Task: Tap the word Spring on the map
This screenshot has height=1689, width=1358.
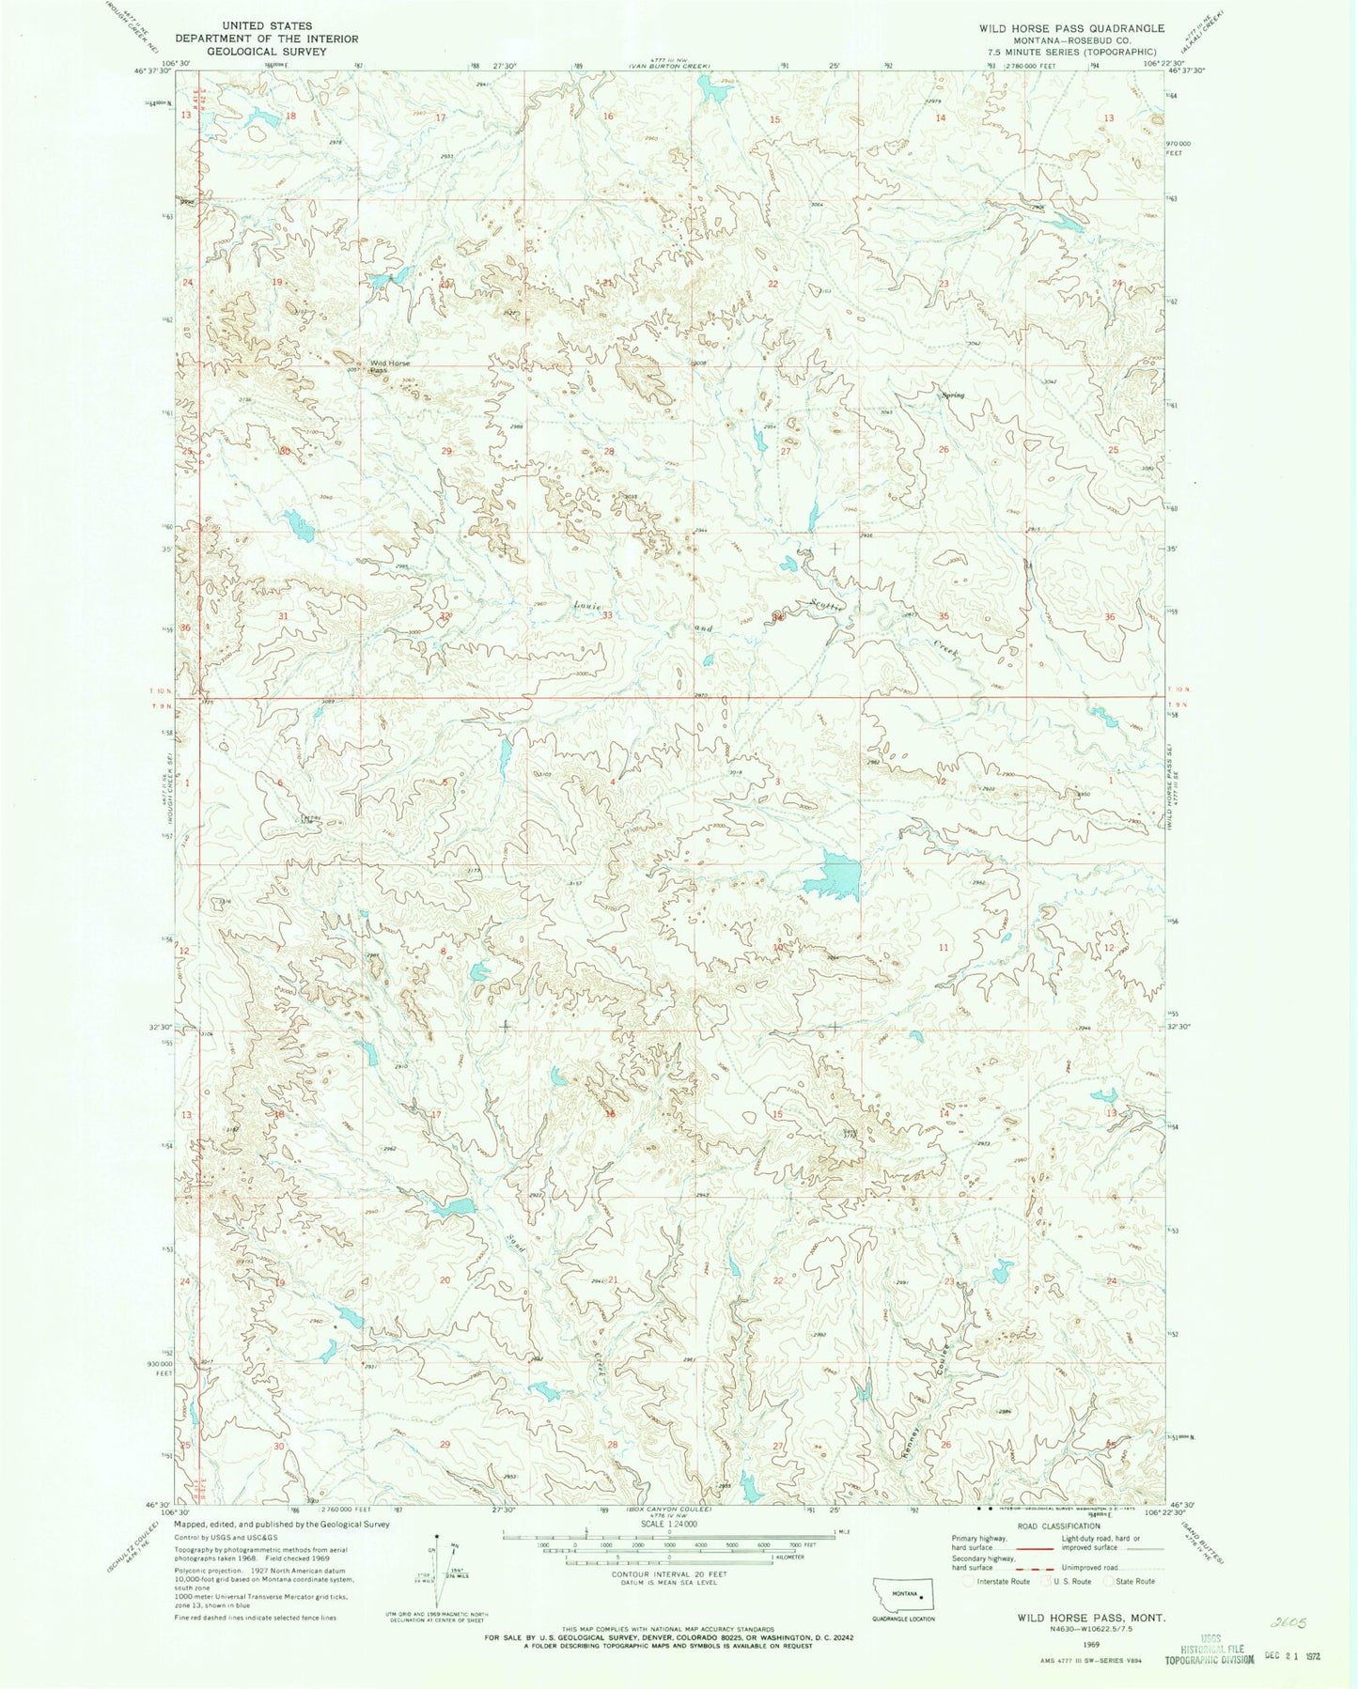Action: point(953,395)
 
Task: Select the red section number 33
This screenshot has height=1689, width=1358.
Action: point(608,616)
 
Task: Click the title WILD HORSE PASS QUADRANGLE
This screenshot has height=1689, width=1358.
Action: point(1071,28)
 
